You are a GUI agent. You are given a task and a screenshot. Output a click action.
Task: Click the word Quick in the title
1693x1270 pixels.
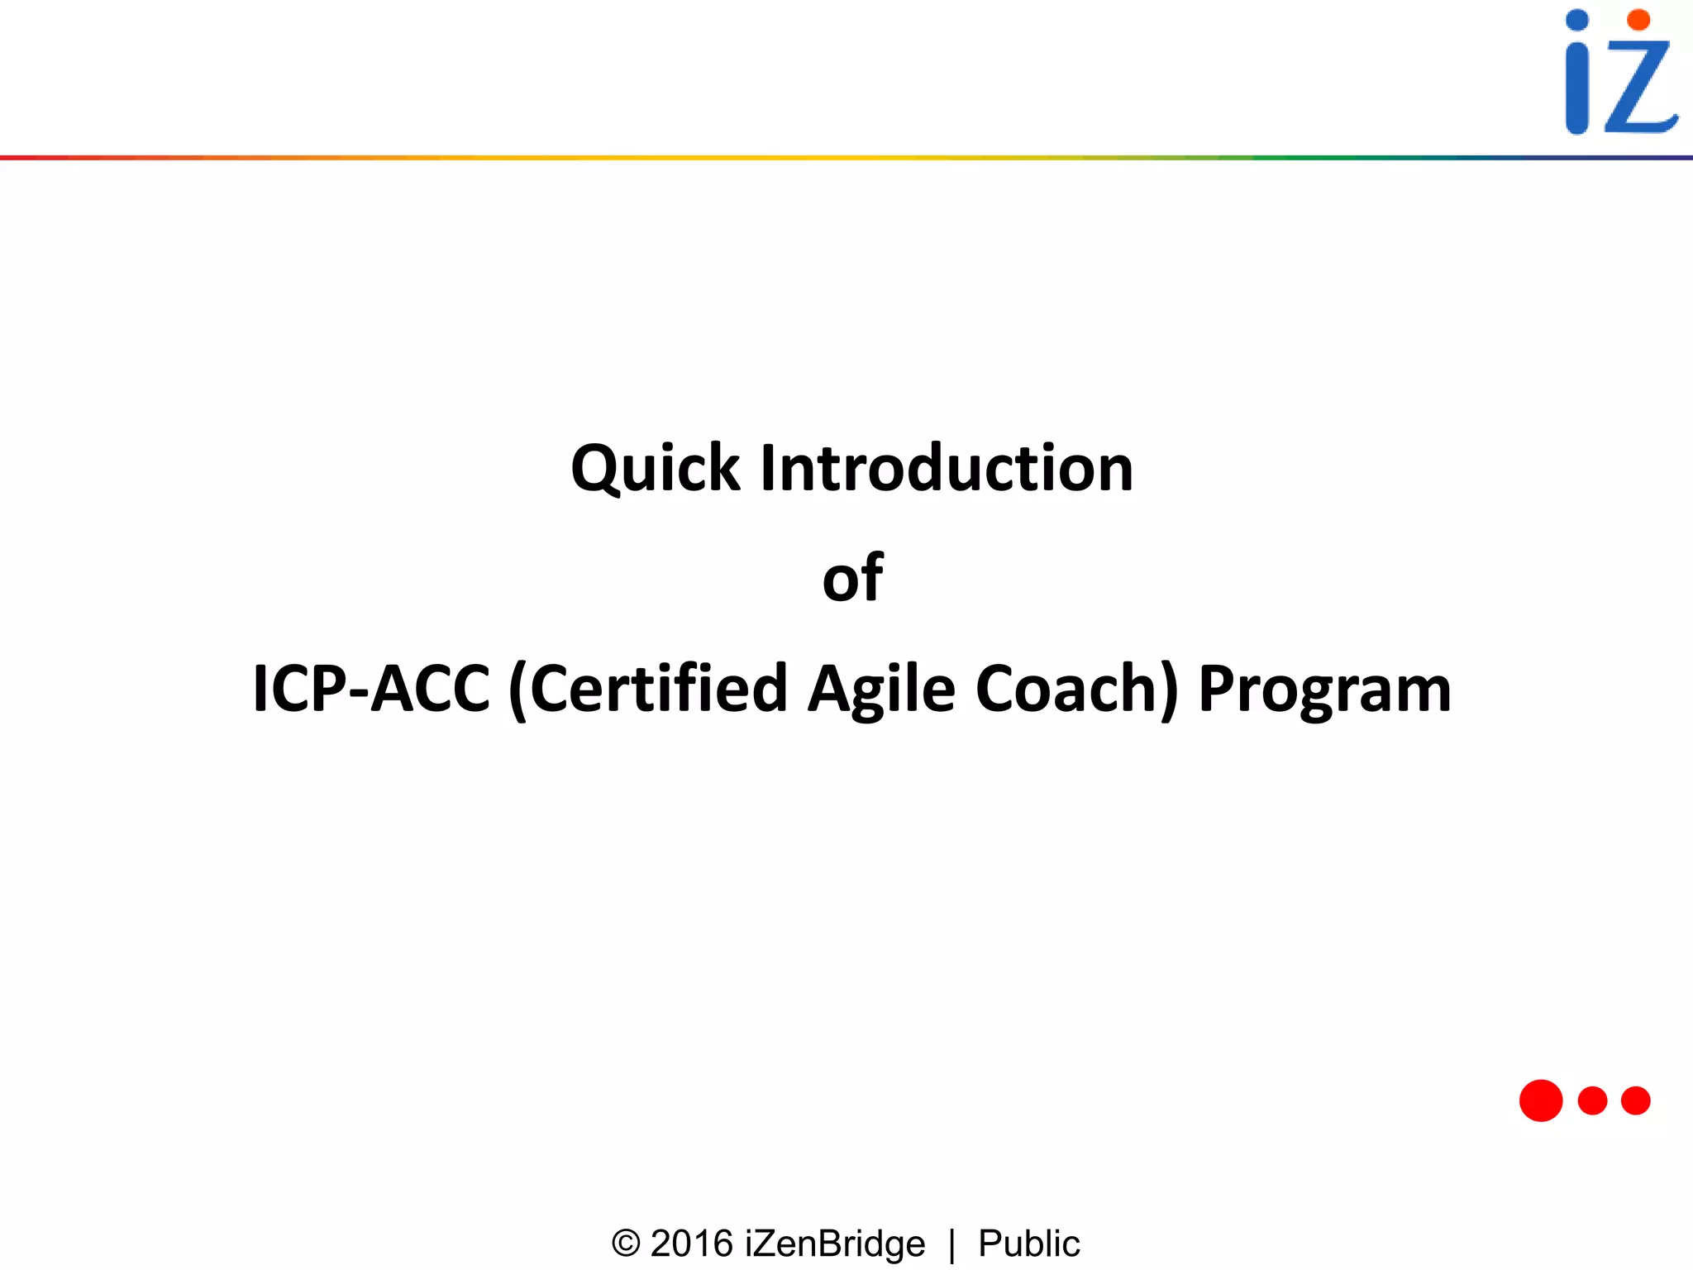655,469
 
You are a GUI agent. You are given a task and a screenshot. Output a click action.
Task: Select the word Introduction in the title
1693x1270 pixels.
947,469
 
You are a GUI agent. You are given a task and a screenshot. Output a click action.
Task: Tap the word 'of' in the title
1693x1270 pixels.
852,578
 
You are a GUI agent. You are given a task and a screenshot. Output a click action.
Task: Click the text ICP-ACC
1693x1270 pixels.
371,689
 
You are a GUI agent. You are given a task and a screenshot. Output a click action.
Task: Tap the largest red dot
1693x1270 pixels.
1541,1101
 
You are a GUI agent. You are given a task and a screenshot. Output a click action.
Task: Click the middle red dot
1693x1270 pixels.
1592,1101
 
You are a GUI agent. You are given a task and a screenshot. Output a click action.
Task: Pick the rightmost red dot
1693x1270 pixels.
1636,1101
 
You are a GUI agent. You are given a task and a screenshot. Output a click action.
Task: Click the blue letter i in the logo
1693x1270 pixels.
1577,91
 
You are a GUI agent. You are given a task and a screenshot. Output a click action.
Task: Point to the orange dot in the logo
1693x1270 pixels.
1638,20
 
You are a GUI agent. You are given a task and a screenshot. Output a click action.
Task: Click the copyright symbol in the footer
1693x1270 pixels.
626,1244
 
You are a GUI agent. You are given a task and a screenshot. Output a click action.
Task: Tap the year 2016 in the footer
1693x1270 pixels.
692,1244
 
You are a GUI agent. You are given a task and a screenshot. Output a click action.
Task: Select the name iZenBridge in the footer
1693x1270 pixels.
835,1244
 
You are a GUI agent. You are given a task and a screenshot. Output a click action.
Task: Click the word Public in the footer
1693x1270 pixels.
1028,1244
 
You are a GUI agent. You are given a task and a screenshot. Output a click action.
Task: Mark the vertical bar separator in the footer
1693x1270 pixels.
952,1245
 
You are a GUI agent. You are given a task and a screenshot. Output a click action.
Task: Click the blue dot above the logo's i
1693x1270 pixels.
1577,20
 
